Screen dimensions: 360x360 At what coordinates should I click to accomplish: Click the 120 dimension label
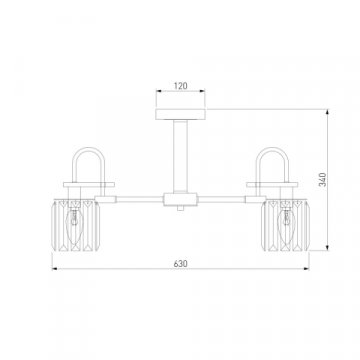[x=180, y=86]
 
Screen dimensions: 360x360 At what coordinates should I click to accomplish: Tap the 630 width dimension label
[x=180, y=264]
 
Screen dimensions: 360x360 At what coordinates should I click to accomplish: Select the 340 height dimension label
[x=323, y=180]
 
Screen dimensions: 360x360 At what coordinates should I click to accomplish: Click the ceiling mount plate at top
[x=180, y=114]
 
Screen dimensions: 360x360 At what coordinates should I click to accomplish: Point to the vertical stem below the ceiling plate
[x=180, y=156]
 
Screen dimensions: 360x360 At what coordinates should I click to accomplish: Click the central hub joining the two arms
[x=180, y=199]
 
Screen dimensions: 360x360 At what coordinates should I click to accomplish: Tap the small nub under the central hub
[x=180, y=208]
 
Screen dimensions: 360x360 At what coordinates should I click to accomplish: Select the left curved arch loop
[x=89, y=149]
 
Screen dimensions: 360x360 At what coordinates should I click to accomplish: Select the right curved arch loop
[x=272, y=149]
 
